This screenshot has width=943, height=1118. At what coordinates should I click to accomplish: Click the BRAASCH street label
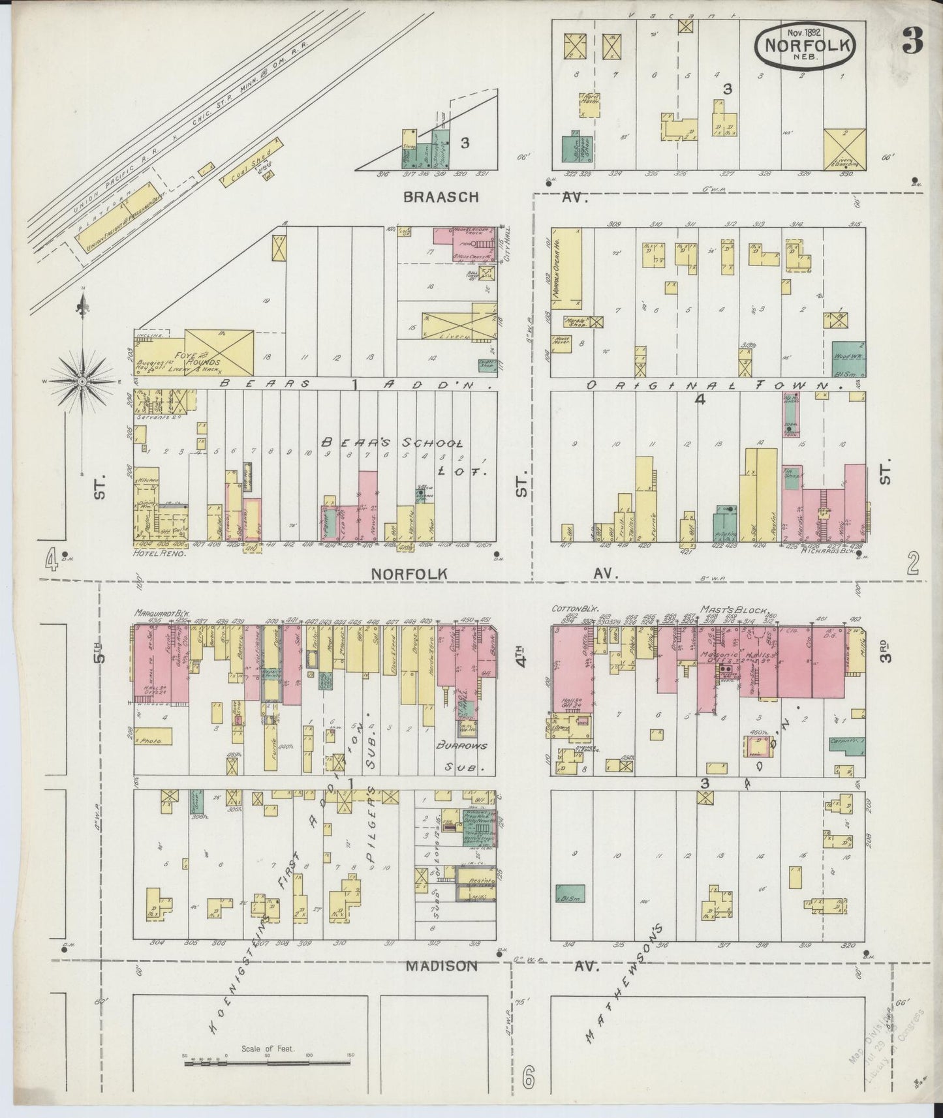(441, 196)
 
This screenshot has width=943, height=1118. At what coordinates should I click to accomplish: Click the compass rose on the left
(82, 381)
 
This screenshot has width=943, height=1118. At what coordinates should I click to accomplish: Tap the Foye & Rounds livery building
(219, 352)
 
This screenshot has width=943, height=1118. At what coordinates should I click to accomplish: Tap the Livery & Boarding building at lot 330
(844, 149)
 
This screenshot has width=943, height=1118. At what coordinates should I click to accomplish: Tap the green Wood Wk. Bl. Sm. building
(849, 359)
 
